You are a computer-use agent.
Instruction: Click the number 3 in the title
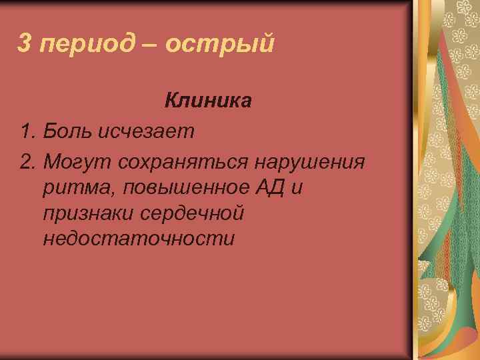click(x=24, y=43)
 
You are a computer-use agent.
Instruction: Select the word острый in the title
click(x=219, y=45)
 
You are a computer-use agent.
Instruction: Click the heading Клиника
click(x=208, y=101)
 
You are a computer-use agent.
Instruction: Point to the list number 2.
click(x=27, y=161)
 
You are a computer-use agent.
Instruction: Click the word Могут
click(x=77, y=162)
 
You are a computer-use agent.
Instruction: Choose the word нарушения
click(x=319, y=162)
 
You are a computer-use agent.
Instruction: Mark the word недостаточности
click(x=138, y=239)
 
